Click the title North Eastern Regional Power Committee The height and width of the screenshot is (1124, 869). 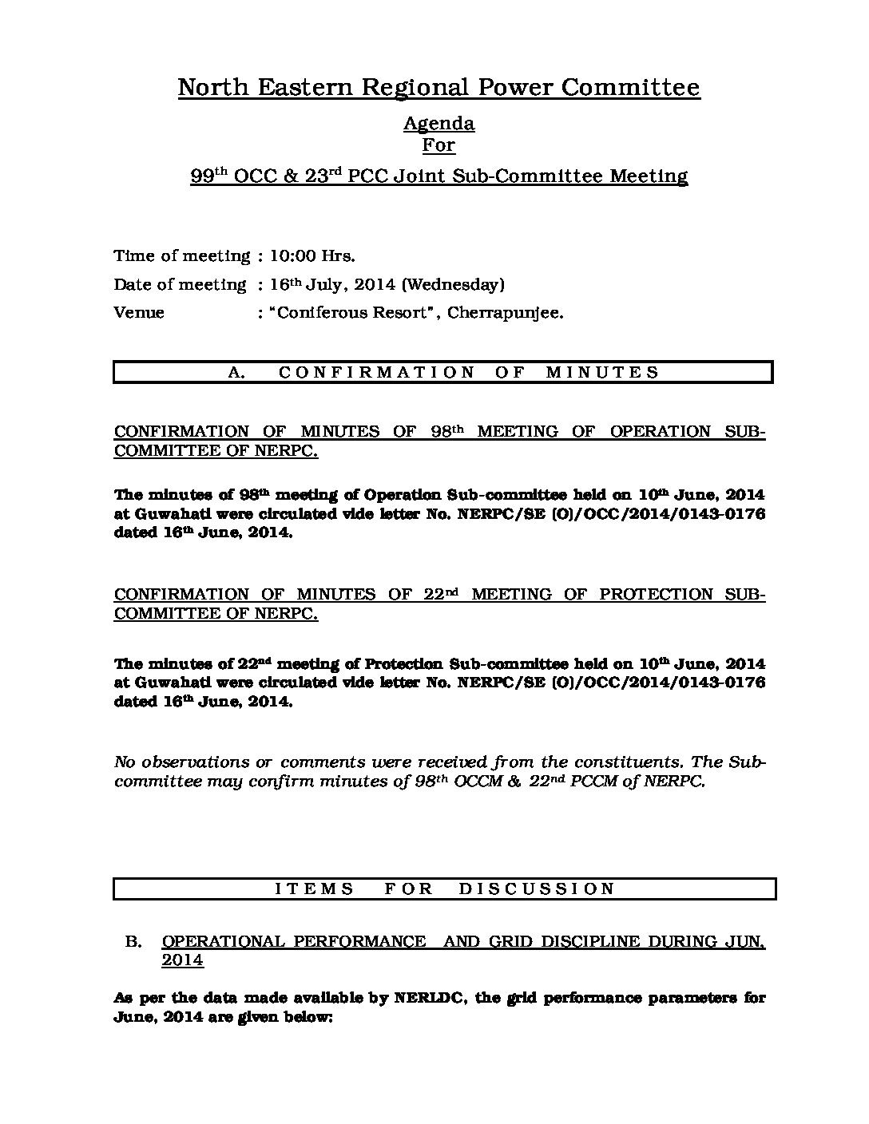coord(438,87)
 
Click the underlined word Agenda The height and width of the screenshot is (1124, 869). coord(438,124)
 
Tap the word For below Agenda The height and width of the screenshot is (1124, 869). coord(438,145)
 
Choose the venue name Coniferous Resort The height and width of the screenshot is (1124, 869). coord(349,313)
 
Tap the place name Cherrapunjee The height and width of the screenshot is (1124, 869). coord(505,313)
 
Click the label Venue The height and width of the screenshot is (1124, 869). coord(139,313)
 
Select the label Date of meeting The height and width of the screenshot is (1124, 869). coord(180,285)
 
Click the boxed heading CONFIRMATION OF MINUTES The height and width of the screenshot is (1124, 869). coord(443,373)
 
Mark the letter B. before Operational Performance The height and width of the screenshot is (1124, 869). coord(133,942)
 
